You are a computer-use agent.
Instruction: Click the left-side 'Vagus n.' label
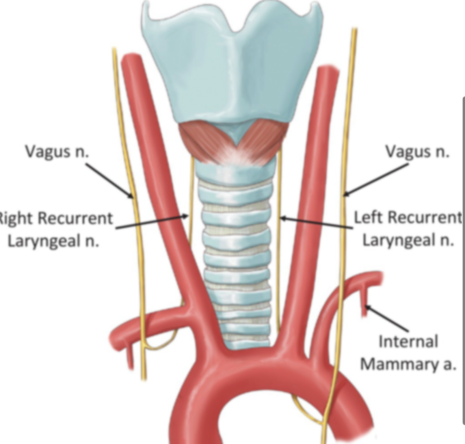point(57,151)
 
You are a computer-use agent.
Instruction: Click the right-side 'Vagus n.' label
point(417,151)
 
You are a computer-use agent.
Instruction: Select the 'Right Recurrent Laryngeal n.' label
point(55,229)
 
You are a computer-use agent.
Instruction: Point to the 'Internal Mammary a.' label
point(408,353)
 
